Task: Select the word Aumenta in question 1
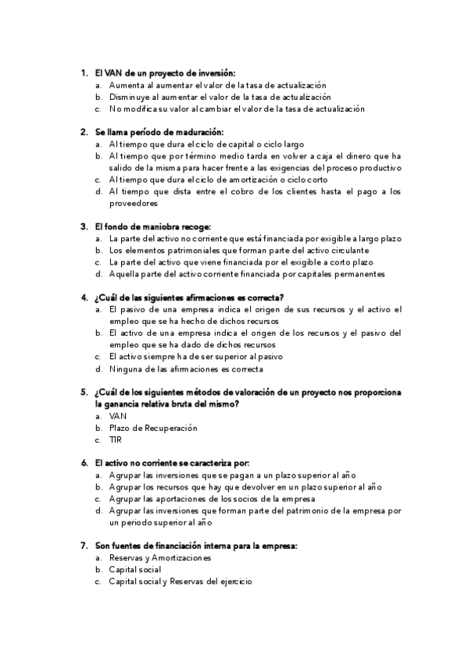[x=126, y=84]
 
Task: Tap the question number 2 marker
[x=84, y=132]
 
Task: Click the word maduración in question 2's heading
[x=202, y=132]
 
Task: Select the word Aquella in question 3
[x=124, y=274]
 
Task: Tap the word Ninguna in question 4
[x=127, y=369]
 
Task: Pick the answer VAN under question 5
[x=117, y=416]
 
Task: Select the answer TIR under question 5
[x=116, y=440]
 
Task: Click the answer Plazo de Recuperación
[x=153, y=428]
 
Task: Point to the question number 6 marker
[x=84, y=463]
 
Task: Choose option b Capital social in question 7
[x=135, y=570]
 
